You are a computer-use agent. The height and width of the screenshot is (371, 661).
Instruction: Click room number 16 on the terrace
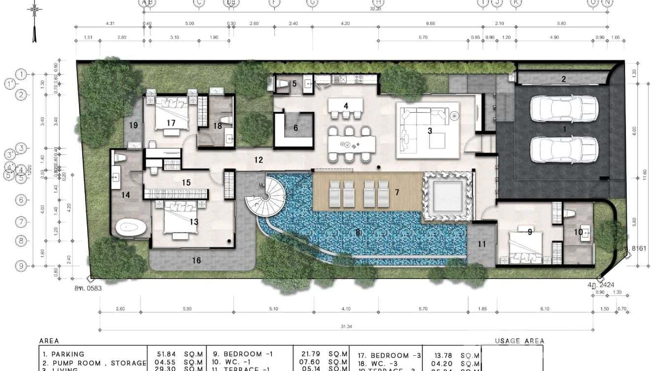point(196,260)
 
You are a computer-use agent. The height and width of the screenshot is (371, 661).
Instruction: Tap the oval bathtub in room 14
point(131,228)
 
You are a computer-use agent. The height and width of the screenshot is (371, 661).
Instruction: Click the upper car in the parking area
point(564,108)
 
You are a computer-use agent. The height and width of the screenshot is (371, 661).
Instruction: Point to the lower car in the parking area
point(564,150)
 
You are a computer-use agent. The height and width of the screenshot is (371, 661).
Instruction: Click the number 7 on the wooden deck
point(397,191)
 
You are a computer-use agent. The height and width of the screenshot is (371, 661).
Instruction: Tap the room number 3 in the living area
point(430,130)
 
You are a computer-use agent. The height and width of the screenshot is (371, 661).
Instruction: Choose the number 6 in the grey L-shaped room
point(296,128)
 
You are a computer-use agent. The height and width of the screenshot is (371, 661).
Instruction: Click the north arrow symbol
point(34,22)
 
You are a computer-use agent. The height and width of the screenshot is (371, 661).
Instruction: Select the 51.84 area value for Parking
point(164,354)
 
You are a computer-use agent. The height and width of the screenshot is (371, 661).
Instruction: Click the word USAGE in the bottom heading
point(507,341)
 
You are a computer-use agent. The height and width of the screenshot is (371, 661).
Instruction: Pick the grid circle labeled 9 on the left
point(21,266)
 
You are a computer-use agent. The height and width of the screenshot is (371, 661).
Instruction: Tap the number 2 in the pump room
point(563,79)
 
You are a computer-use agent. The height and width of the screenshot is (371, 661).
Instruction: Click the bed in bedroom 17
point(171,113)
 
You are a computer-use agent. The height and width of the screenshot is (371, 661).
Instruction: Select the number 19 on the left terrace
point(133,125)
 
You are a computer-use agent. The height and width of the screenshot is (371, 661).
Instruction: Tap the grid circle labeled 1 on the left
point(21,74)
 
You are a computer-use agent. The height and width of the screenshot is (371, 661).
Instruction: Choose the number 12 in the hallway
point(259,160)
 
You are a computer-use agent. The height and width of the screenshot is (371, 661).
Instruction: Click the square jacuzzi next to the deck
point(447,196)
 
